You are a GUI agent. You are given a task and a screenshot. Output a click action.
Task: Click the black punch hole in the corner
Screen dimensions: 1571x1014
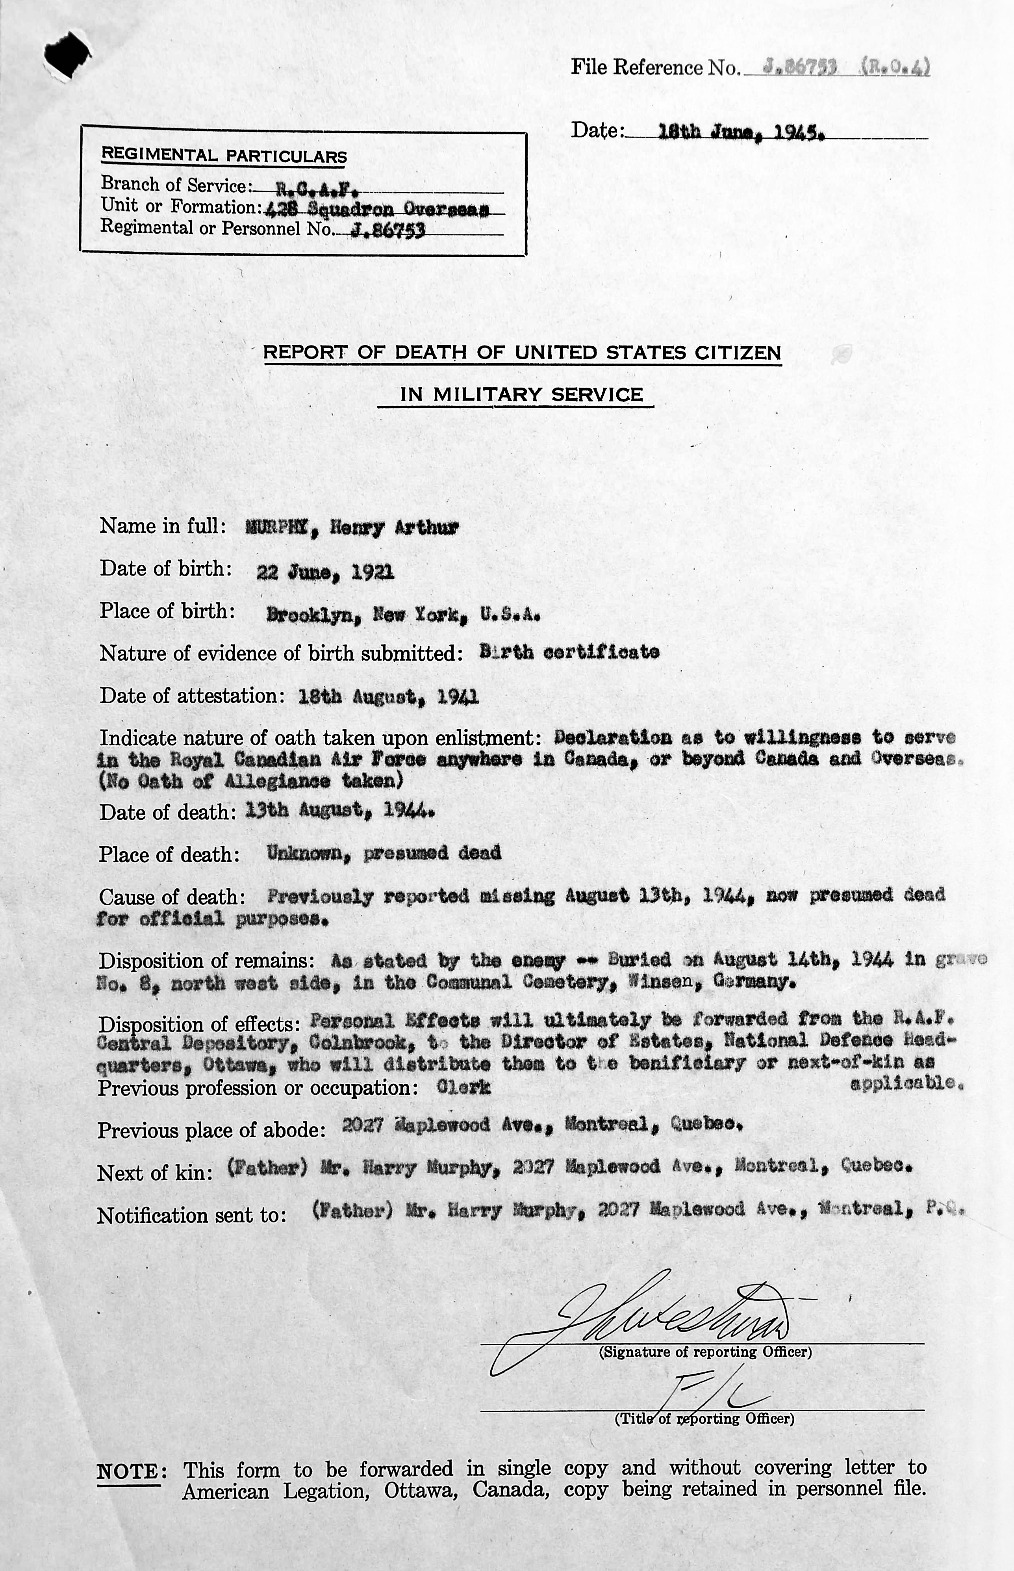click(x=66, y=58)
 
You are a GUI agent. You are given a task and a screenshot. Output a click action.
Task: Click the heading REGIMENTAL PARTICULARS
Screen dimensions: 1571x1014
click(x=224, y=156)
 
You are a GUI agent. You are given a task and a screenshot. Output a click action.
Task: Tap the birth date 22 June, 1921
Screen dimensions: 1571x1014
click(x=326, y=572)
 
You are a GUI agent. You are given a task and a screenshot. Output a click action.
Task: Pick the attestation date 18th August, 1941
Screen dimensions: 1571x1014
click(x=389, y=697)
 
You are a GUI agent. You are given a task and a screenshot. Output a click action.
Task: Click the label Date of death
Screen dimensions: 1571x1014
click(x=167, y=812)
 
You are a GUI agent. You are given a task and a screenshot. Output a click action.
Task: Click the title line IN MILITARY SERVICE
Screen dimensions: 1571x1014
click(x=521, y=395)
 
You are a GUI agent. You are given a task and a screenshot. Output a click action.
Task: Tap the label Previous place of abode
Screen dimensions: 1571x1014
click(x=211, y=1130)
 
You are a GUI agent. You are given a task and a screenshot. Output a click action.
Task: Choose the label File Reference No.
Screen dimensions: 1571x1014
click(x=656, y=67)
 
